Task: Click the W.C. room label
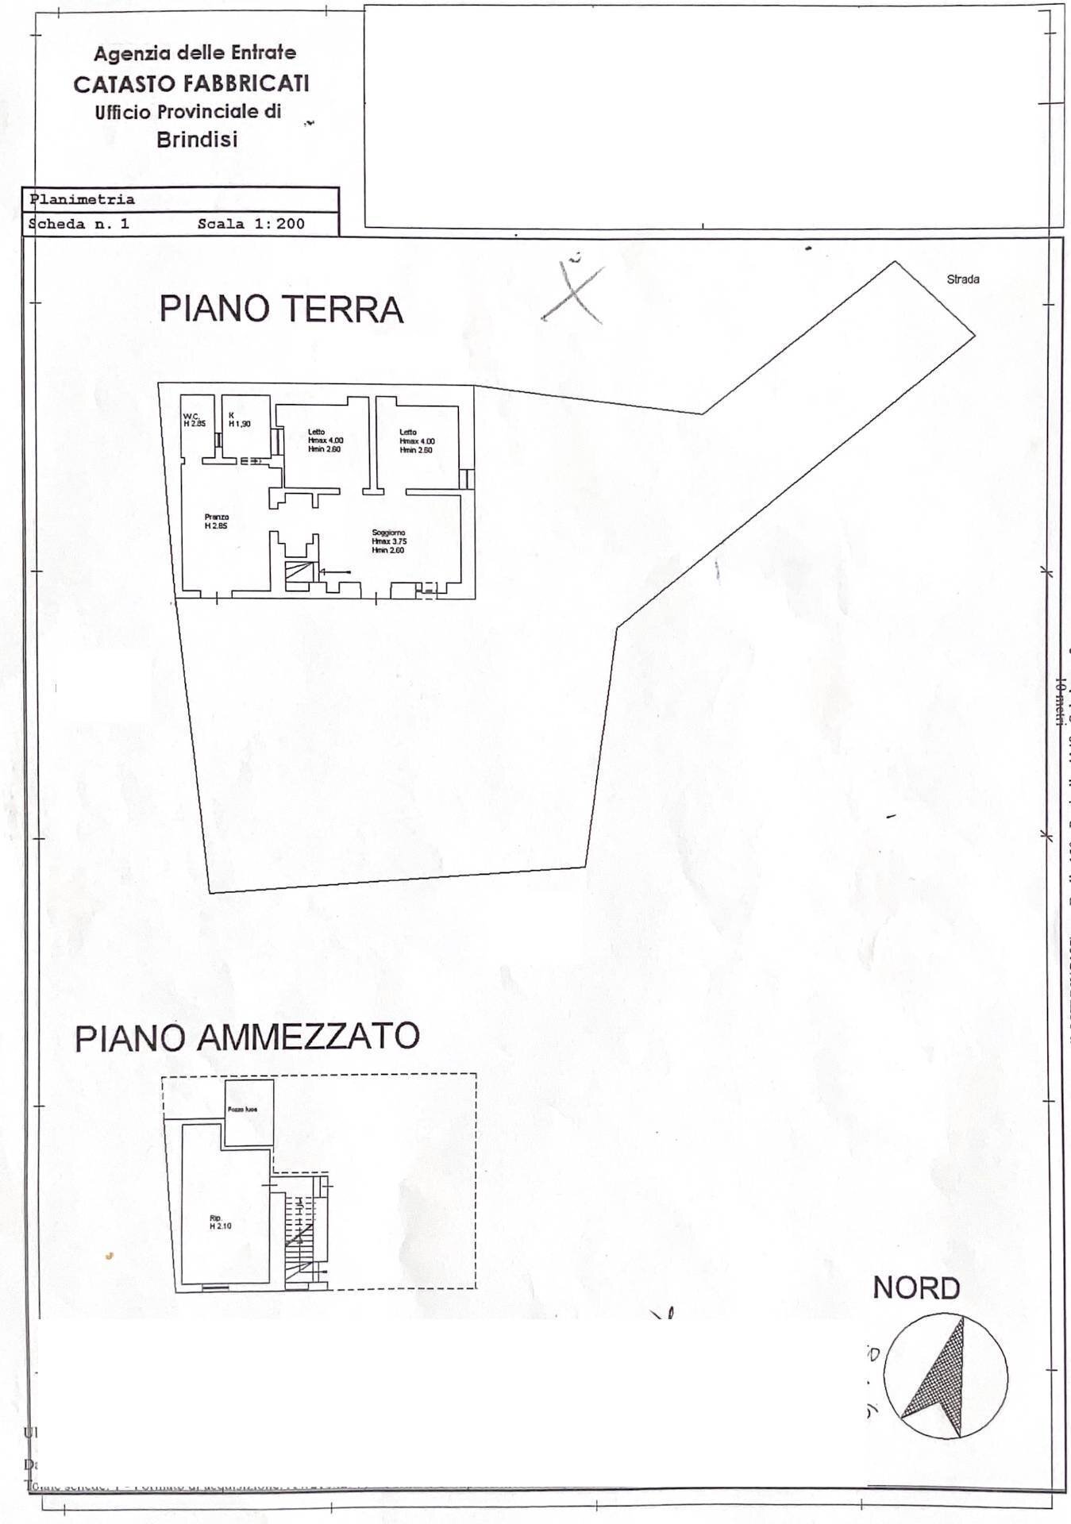[x=194, y=420]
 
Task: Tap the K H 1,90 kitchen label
[x=239, y=420]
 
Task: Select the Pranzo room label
[x=216, y=521]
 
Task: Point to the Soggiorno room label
[x=388, y=541]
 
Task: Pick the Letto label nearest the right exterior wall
[x=416, y=441]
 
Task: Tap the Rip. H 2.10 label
[x=220, y=1222]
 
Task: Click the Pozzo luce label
[x=241, y=1110]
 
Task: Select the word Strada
[x=962, y=279]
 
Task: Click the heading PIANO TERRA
[x=281, y=309]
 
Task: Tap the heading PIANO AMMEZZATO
[x=247, y=1037]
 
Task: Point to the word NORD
[x=916, y=1287]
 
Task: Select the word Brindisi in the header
[x=197, y=140]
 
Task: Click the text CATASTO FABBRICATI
[x=191, y=84]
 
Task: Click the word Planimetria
[x=82, y=199]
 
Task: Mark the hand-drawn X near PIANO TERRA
[x=573, y=291]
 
